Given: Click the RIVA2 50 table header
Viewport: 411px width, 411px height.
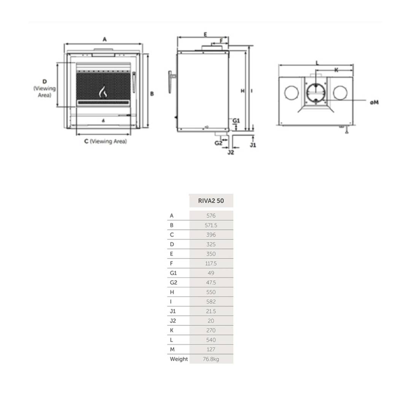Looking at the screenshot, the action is click(x=211, y=201).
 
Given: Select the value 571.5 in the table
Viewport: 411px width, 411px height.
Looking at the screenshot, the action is click(x=211, y=225).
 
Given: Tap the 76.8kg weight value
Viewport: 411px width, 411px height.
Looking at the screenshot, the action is click(x=211, y=359).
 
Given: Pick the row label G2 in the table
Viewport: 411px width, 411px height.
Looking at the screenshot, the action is click(x=173, y=282).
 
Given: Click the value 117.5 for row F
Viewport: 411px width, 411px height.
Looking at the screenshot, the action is click(x=211, y=263).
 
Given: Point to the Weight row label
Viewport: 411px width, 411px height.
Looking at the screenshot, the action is click(x=179, y=359).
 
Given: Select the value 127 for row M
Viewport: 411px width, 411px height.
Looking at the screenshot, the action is click(x=211, y=349).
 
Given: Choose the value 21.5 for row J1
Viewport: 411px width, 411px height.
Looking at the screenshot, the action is click(x=211, y=311).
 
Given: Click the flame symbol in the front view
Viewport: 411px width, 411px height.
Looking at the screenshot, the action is click(x=103, y=92).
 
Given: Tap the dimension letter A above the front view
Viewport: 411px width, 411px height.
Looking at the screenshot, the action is click(x=105, y=39).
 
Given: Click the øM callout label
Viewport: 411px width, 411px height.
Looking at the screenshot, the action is click(x=374, y=102).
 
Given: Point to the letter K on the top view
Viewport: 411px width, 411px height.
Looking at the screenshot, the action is click(x=336, y=70).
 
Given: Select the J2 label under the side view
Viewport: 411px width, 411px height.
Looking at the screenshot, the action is click(x=231, y=152).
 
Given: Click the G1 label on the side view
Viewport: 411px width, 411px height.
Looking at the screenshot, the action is click(x=236, y=121).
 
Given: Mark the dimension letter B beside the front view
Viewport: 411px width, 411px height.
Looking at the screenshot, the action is click(x=152, y=94).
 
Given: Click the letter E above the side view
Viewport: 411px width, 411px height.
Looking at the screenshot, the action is click(x=205, y=34).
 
